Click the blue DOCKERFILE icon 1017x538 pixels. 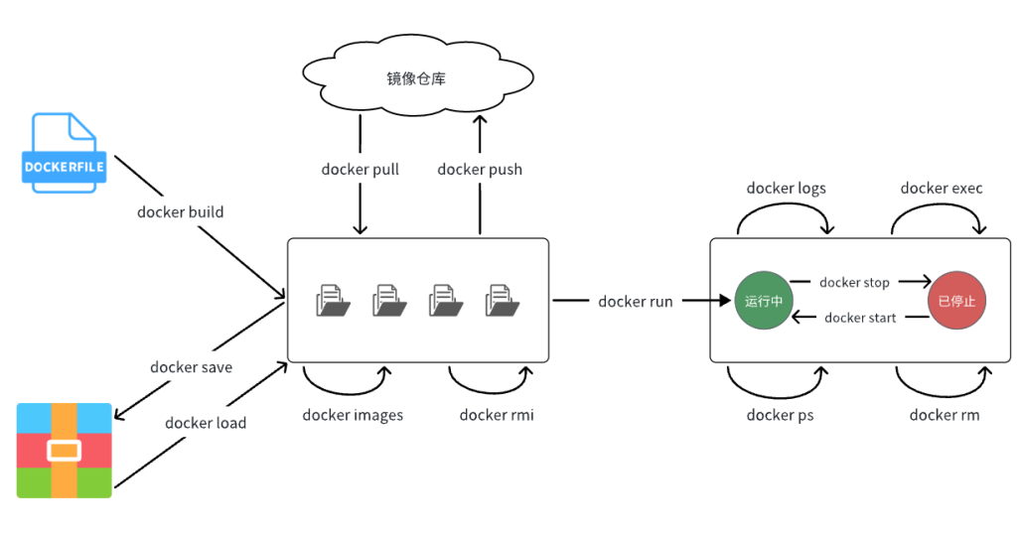coord(65,153)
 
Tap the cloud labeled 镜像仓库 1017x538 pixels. coord(416,78)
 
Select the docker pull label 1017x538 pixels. coord(360,170)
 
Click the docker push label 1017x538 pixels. coord(480,170)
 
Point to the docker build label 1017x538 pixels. coord(180,211)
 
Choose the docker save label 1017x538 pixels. coord(191,367)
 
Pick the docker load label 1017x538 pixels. coord(206,423)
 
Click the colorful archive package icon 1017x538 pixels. coord(65,450)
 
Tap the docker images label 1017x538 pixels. coord(353,415)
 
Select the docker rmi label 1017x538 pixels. coord(497,415)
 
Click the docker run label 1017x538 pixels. coord(636,301)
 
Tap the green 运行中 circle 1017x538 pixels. coord(764,301)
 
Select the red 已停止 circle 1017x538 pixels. coord(956,301)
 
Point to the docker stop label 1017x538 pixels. coord(854,283)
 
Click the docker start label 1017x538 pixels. coord(860,318)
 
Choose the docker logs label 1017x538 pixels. coord(786,189)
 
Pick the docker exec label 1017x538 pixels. coord(942,189)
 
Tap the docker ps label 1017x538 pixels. coord(780,415)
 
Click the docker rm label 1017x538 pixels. coord(944,415)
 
